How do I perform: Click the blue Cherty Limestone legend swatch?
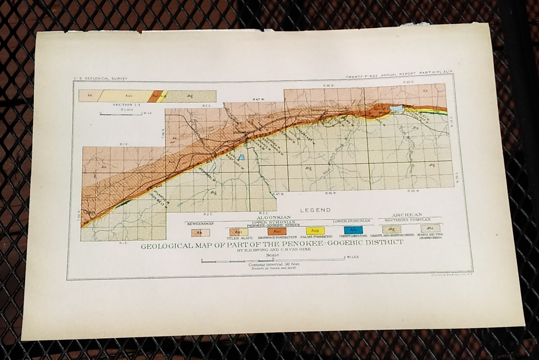[x=353, y=230]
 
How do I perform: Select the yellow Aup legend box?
[x=315, y=231]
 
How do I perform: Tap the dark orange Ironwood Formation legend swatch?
[x=277, y=231]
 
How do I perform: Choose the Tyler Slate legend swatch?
[x=239, y=232]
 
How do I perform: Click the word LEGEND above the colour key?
[x=315, y=210]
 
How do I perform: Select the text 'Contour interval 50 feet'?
[x=274, y=264]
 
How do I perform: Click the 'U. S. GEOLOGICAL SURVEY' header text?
[x=101, y=78]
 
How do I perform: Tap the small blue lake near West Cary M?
[x=241, y=157]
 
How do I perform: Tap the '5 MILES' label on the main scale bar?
[x=352, y=257]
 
